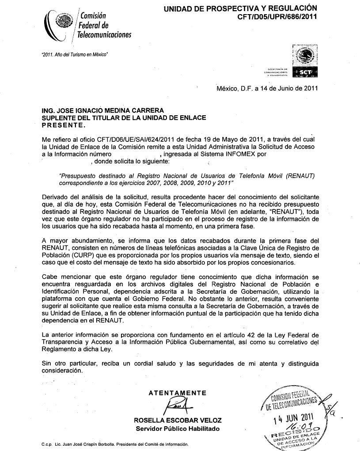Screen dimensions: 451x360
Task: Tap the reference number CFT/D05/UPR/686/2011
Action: point(277,17)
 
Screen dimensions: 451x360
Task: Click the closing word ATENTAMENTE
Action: point(177,393)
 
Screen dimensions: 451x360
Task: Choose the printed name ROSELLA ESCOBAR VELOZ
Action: point(178,420)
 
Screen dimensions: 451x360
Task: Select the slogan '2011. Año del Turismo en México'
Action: point(74,54)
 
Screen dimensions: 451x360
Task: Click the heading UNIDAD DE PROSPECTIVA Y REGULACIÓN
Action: point(240,8)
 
